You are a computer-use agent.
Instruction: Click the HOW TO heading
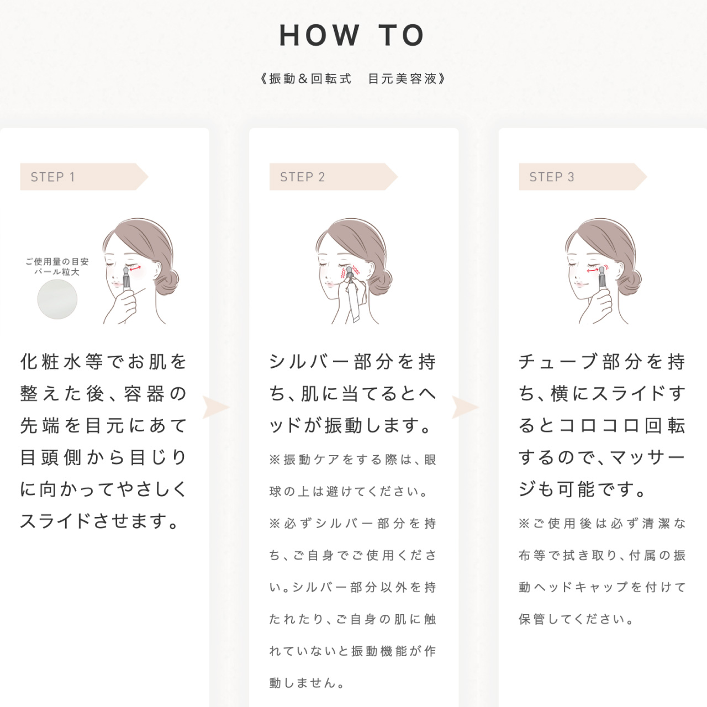(x=352, y=35)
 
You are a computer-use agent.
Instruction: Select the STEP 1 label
(x=53, y=177)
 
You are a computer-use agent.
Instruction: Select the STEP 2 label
(x=303, y=177)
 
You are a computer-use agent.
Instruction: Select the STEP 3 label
(x=552, y=177)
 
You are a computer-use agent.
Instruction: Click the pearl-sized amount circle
(x=57, y=299)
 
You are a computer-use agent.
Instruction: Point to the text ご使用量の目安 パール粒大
(x=57, y=267)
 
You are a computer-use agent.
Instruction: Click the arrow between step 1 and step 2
(x=215, y=408)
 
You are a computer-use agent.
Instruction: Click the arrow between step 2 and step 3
(x=465, y=408)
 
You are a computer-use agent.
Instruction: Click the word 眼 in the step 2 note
(x=430, y=460)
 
